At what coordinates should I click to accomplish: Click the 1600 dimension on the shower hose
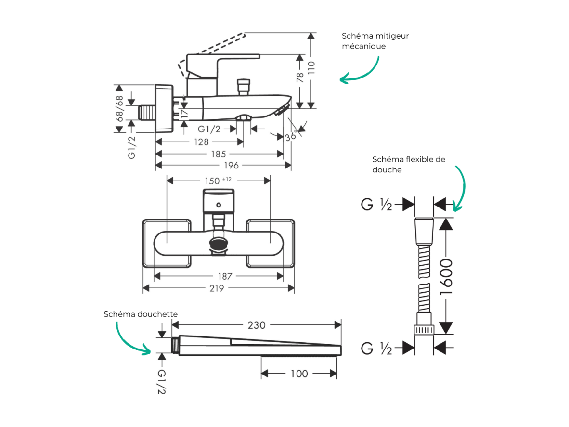[446, 276]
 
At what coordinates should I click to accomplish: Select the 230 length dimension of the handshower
[257, 325]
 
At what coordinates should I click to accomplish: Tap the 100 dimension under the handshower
[299, 374]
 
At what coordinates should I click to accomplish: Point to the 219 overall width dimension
[217, 288]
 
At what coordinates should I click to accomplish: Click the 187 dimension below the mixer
[225, 276]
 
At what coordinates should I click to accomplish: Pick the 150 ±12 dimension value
[218, 181]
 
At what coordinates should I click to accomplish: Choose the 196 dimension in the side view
[231, 166]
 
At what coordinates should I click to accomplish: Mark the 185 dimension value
[219, 154]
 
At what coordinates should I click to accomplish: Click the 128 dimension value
[201, 142]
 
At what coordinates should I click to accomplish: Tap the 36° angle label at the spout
[291, 136]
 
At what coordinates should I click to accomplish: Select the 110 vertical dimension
[311, 68]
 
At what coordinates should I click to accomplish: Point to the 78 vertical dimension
[300, 78]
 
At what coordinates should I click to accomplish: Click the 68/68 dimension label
[119, 108]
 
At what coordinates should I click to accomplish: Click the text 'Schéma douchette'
[141, 314]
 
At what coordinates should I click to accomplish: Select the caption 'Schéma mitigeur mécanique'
[375, 40]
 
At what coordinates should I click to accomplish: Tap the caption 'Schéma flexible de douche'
[409, 164]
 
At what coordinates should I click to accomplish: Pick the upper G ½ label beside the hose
[376, 204]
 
